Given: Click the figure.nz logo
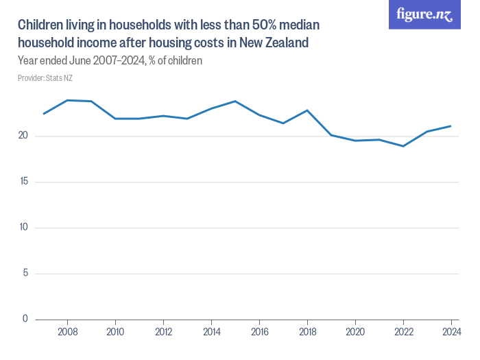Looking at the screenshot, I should click(x=424, y=14).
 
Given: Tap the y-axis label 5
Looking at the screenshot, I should click(x=25, y=274).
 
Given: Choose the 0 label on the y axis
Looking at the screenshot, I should click(x=25, y=319).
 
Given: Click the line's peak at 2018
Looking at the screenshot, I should click(x=307, y=110).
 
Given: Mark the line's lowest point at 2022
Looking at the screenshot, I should click(x=403, y=146).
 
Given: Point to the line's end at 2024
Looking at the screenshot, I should click(x=451, y=125).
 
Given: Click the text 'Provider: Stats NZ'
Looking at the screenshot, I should click(x=45, y=78).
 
